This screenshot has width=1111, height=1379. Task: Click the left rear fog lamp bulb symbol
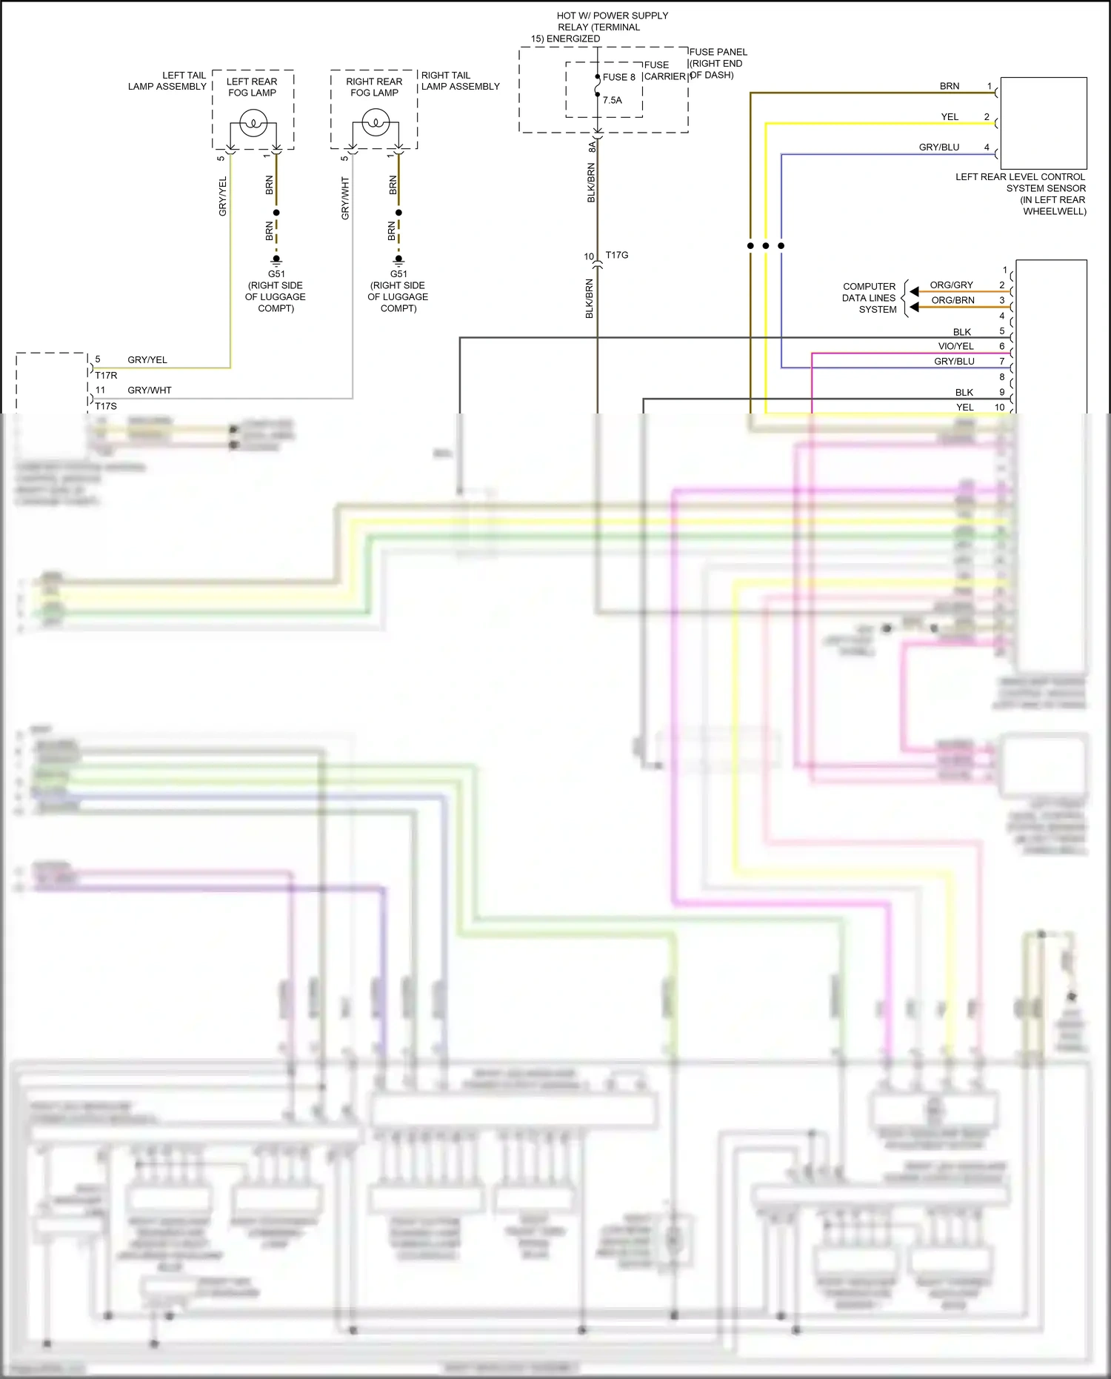click(x=253, y=122)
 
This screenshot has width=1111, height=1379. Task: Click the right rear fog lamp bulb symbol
click(x=376, y=122)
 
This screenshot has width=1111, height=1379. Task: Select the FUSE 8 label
click(x=618, y=77)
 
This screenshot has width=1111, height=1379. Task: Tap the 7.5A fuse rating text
click(x=613, y=100)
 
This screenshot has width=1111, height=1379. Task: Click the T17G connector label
click(x=616, y=255)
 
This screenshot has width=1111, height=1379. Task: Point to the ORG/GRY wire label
click(x=951, y=285)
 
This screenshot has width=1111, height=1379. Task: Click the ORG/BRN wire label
click(x=952, y=300)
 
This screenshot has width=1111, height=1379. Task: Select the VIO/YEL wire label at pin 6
click(x=955, y=346)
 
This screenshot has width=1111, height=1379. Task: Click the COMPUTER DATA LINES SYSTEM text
click(x=869, y=298)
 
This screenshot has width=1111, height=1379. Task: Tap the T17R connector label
click(x=106, y=376)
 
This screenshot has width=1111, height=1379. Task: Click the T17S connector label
click(x=106, y=406)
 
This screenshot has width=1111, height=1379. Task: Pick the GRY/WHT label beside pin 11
click(x=149, y=391)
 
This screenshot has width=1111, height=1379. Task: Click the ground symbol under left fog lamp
click(x=276, y=261)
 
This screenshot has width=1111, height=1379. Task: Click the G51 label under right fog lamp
click(x=398, y=274)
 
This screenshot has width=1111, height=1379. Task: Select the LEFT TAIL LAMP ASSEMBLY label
click(x=167, y=81)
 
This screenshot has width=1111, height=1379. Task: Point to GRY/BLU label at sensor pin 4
click(x=938, y=147)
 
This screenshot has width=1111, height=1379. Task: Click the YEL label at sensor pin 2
click(x=950, y=117)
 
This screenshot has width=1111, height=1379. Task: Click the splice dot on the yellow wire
click(x=766, y=245)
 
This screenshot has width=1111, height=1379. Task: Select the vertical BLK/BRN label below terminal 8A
click(x=591, y=183)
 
